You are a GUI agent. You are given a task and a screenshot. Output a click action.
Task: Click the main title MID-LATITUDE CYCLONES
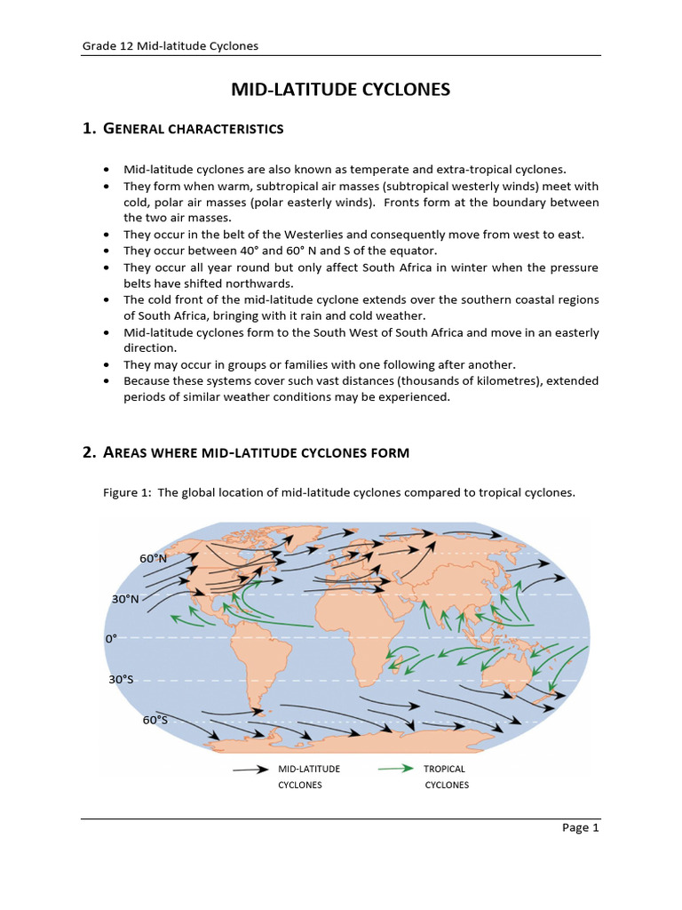click(341, 90)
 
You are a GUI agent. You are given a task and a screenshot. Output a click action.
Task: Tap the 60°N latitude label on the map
click(154, 558)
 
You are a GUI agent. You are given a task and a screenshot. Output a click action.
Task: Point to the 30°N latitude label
click(125, 599)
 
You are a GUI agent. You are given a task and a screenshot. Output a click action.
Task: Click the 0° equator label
click(111, 638)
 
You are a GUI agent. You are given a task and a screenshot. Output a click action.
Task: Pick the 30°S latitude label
click(122, 679)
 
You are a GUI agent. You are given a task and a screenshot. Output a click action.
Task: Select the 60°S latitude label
click(155, 720)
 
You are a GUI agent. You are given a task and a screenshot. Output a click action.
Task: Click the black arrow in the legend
click(251, 770)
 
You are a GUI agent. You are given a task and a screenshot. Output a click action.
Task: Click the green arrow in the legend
click(395, 769)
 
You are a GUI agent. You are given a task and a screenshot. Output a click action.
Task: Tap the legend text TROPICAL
click(445, 769)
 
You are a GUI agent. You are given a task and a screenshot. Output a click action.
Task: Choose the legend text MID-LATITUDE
click(309, 769)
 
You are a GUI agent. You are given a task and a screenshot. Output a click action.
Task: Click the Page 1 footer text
click(581, 828)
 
